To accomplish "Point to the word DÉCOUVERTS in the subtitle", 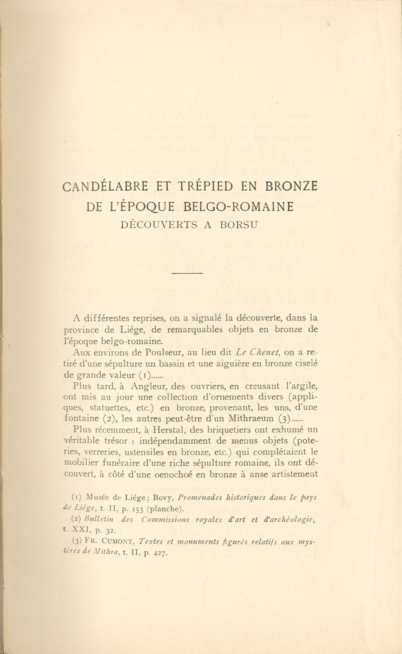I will pos(160,225).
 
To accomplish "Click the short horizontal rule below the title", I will pos(188,272).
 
